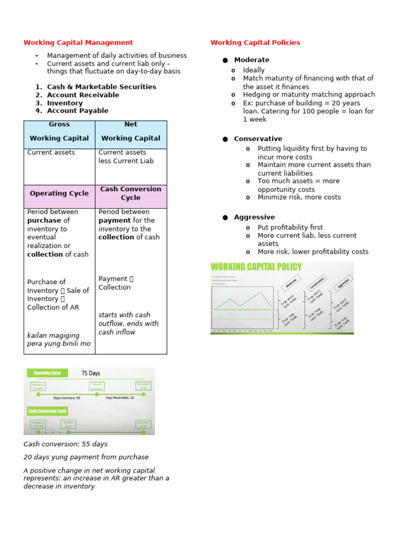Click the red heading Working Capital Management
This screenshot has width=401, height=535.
click(78, 43)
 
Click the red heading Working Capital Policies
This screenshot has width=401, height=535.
click(255, 43)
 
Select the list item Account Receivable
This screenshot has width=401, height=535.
click(83, 95)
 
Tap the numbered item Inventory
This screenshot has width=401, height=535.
click(65, 103)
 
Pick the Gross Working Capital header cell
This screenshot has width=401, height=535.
click(59, 134)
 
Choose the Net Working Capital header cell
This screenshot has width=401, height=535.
click(131, 134)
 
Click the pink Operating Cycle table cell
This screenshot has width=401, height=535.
click(59, 193)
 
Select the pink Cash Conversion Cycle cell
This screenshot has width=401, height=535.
click(131, 193)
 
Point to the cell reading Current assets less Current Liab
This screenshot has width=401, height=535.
click(126, 157)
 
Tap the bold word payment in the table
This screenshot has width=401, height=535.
click(114, 220)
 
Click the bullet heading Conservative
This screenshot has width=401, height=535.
click(258, 139)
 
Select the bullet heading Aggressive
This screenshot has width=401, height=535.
click(254, 217)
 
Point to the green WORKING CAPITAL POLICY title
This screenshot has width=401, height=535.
click(256, 267)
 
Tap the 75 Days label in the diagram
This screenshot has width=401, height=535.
click(90, 374)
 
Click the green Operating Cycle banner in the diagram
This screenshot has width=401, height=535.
click(47, 373)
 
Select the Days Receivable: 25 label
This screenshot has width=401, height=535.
click(120, 398)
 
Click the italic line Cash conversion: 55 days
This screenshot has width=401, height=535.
click(66, 444)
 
